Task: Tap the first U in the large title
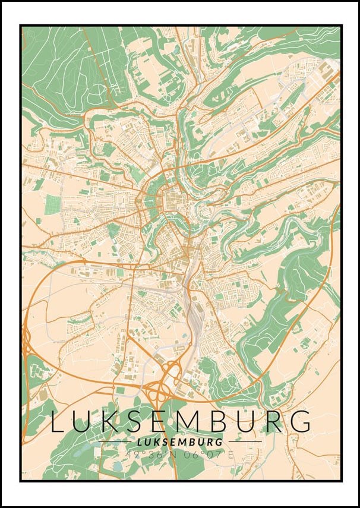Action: coord(84,421)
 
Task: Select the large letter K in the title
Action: coord(112,421)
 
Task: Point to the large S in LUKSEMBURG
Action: coord(138,421)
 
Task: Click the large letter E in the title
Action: coord(163,421)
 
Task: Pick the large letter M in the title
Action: coord(192,421)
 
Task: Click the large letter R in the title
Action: coord(276,421)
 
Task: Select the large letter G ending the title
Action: coord(302,421)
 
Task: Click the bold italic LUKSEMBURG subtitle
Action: coord(179,443)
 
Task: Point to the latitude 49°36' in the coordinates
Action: coord(141,455)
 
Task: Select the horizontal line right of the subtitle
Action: coord(245,442)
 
